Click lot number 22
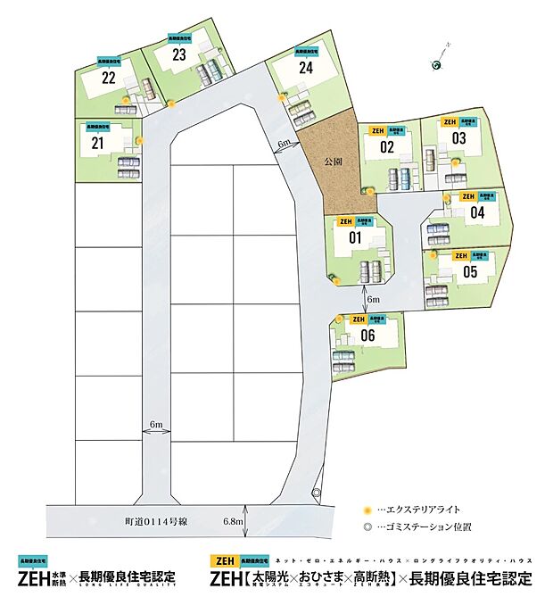[109, 78]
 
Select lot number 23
[179, 54]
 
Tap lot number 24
[306, 66]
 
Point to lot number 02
[386, 147]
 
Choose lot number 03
[458, 138]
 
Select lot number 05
[470, 271]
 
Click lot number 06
[367, 336]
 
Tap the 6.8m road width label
[233, 520]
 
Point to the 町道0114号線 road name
[148, 520]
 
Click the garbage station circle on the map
[316, 493]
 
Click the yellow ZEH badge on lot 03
[450, 121]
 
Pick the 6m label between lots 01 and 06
[373, 300]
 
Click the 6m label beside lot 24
[284, 144]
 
